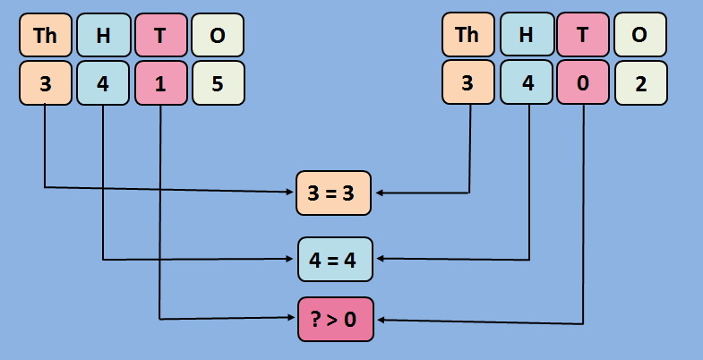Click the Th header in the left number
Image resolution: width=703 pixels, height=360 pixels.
point(45,35)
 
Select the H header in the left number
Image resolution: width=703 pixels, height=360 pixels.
point(103,35)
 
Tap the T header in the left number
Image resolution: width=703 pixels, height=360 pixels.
point(160,35)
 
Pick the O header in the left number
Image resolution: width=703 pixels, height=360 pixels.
point(218,35)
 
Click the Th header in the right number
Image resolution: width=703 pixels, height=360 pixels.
point(467,35)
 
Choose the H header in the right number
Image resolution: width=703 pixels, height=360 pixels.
point(526,35)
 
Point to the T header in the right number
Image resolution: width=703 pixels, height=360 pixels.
point(583,35)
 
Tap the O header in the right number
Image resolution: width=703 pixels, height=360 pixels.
point(639,35)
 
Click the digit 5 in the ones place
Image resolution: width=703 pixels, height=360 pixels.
point(218,83)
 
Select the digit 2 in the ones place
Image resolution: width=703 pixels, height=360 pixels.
point(639,83)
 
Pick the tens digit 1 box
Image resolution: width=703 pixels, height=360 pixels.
point(160,83)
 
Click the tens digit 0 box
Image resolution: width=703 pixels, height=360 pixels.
point(583,83)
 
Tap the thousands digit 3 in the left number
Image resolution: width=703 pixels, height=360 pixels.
point(45,83)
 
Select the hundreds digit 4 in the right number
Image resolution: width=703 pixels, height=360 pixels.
point(526,83)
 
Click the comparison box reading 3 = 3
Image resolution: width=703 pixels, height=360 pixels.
point(334,193)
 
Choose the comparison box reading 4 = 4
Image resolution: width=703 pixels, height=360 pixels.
point(334,260)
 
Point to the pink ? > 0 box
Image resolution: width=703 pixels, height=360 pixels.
point(334,319)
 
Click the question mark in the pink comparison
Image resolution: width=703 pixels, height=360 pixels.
point(316,319)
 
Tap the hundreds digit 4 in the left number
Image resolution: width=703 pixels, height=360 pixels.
point(103,83)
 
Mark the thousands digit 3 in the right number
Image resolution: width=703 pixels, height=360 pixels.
point(467,83)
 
